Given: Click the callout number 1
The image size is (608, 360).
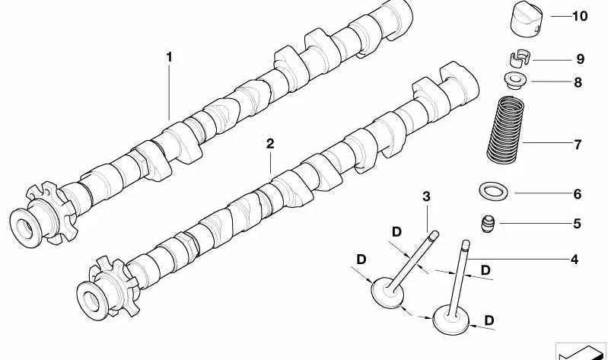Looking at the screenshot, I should click(x=170, y=57).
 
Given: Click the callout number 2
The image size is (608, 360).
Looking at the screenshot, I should click(x=270, y=143).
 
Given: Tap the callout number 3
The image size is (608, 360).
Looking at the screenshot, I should click(x=426, y=197).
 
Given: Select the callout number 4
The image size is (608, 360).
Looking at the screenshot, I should click(x=575, y=260).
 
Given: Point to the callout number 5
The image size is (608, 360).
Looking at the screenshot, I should click(x=577, y=224).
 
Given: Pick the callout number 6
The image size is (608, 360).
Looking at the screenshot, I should click(x=577, y=194).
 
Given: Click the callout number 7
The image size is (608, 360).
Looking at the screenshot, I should click(x=577, y=144).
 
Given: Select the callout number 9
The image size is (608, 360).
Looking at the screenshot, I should click(x=579, y=59).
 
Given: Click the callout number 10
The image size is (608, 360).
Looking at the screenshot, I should click(x=579, y=16).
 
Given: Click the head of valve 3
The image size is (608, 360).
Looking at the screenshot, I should click(x=386, y=293).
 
